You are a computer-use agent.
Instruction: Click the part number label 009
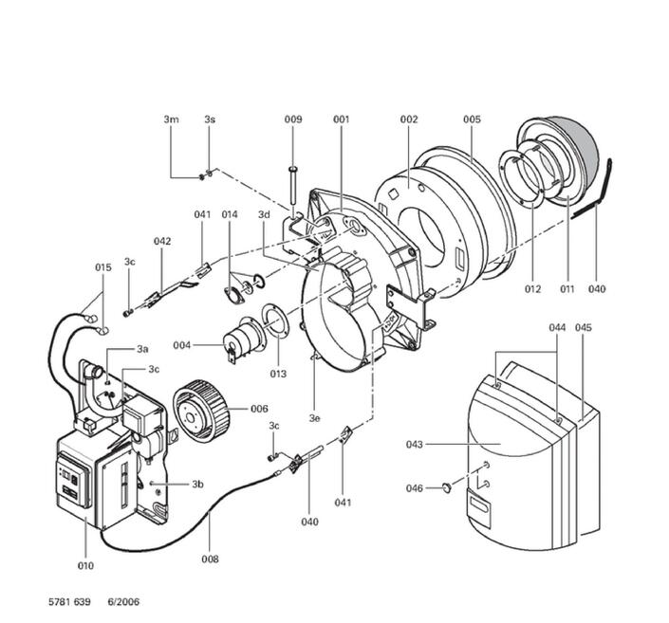click(293, 119)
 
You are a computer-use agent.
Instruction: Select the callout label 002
click(408, 119)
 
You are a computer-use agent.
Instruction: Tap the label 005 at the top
click(472, 119)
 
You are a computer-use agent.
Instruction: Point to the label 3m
click(171, 119)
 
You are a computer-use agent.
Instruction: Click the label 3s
click(210, 119)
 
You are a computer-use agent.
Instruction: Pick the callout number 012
click(531, 288)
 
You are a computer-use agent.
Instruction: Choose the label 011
click(567, 288)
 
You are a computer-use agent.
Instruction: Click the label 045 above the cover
click(584, 327)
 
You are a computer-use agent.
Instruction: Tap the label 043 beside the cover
click(414, 444)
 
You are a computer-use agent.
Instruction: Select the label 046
click(415, 488)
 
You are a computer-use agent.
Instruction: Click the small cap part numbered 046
click(444, 488)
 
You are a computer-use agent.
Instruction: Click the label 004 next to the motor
click(182, 344)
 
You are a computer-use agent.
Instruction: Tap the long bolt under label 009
click(293, 186)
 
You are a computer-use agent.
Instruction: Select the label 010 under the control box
click(85, 566)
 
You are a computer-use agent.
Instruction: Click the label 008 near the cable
click(210, 559)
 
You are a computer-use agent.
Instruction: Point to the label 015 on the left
click(102, 267)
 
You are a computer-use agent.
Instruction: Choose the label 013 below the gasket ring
click(277, 374)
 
